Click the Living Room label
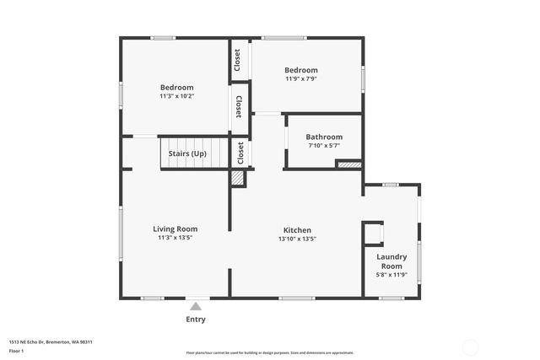point(175,228)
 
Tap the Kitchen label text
point(297,229)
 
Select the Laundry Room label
point(391,261)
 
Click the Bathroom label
point(324,137)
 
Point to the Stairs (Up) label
point(187,153)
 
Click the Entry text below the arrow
point(195,320)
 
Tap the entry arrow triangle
point(196,306)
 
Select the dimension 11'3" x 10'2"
point(177,96)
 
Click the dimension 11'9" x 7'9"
point(301,79)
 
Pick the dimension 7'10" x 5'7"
point(324,146)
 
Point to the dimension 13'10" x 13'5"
point(297,239)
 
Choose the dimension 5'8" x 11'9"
point(391,275)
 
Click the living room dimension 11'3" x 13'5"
point(175,238)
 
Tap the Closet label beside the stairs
point(240,153)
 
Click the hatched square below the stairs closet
point(239,178)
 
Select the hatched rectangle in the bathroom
point(349,164)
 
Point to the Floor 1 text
point(18,350)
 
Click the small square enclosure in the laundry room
point(373,233)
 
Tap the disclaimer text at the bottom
point(269,352)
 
